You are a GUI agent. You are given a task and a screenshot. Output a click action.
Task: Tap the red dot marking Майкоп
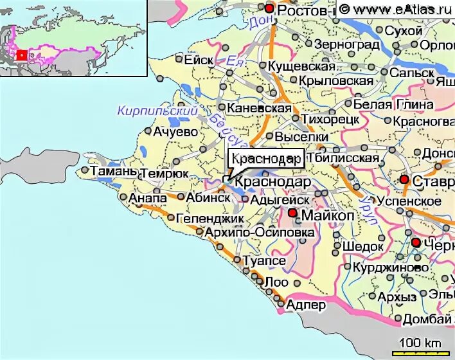pyautogui.click(x=292, y=213)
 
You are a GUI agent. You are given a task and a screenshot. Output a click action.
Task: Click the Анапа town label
pyautogui.click(x=148, y=198)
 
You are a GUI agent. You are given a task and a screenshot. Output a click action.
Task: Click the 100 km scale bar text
pyautogui.click(x=421, y=341)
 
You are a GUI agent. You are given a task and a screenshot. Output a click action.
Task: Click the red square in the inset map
pyautogui.click(x=21, y=55)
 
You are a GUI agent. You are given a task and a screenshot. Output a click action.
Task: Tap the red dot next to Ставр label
pyautogui.click(x=404, y=179)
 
